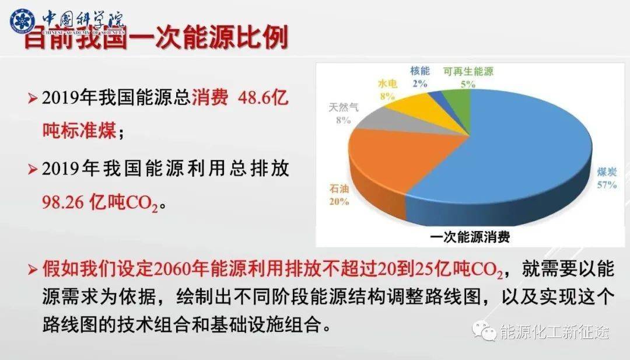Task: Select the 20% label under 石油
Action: [x=339, y=202]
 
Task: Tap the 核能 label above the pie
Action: [x=419, y=71]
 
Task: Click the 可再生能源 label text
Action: [x=467, y=71]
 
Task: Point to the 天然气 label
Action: [x=344, y=107]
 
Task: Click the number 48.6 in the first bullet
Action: [x=254, y=98]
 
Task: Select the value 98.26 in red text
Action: [x=63, y=202]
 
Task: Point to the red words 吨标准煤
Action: [x=79, y=131]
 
